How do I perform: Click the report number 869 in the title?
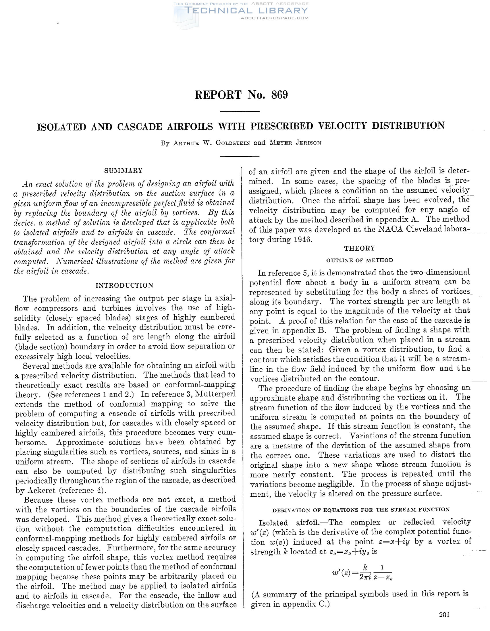(x=279, y=95)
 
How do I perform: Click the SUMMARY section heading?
(x=124, y=171)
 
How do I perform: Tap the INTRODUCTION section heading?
(x=124, y=285)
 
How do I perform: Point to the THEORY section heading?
(x=359, y=248)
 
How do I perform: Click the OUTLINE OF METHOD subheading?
(x=360, y=260)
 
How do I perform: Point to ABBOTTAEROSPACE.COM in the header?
(x=274, y=18)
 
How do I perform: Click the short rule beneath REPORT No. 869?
(x=240, y=111)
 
